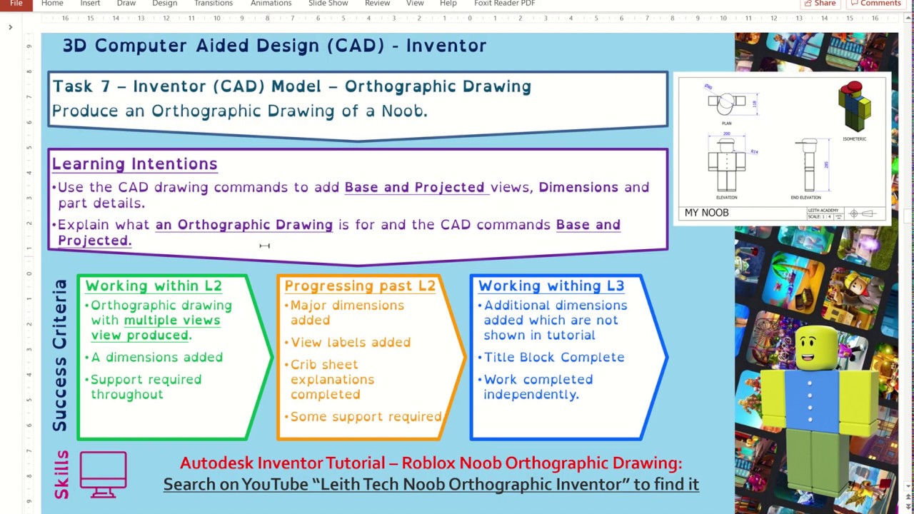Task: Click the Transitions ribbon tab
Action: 214,4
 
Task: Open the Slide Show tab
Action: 328,4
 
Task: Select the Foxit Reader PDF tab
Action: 504,4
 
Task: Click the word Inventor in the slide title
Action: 446,46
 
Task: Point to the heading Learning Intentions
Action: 134,164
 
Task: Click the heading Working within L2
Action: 154,286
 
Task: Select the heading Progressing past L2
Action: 360,286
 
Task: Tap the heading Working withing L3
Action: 551,286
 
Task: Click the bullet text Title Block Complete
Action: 554,358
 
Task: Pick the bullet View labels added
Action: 351,343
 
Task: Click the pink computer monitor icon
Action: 104,473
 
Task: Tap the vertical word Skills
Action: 61,474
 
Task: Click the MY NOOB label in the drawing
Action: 706,213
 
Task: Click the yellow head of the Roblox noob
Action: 815,348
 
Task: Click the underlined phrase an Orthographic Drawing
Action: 244,225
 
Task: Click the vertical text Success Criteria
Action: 61,355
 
